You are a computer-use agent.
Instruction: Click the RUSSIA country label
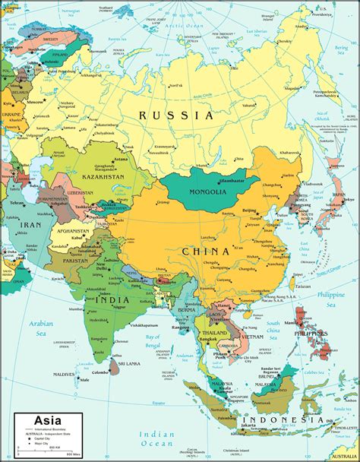[176, 115]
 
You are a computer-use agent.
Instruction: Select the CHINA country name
[207, 250]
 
